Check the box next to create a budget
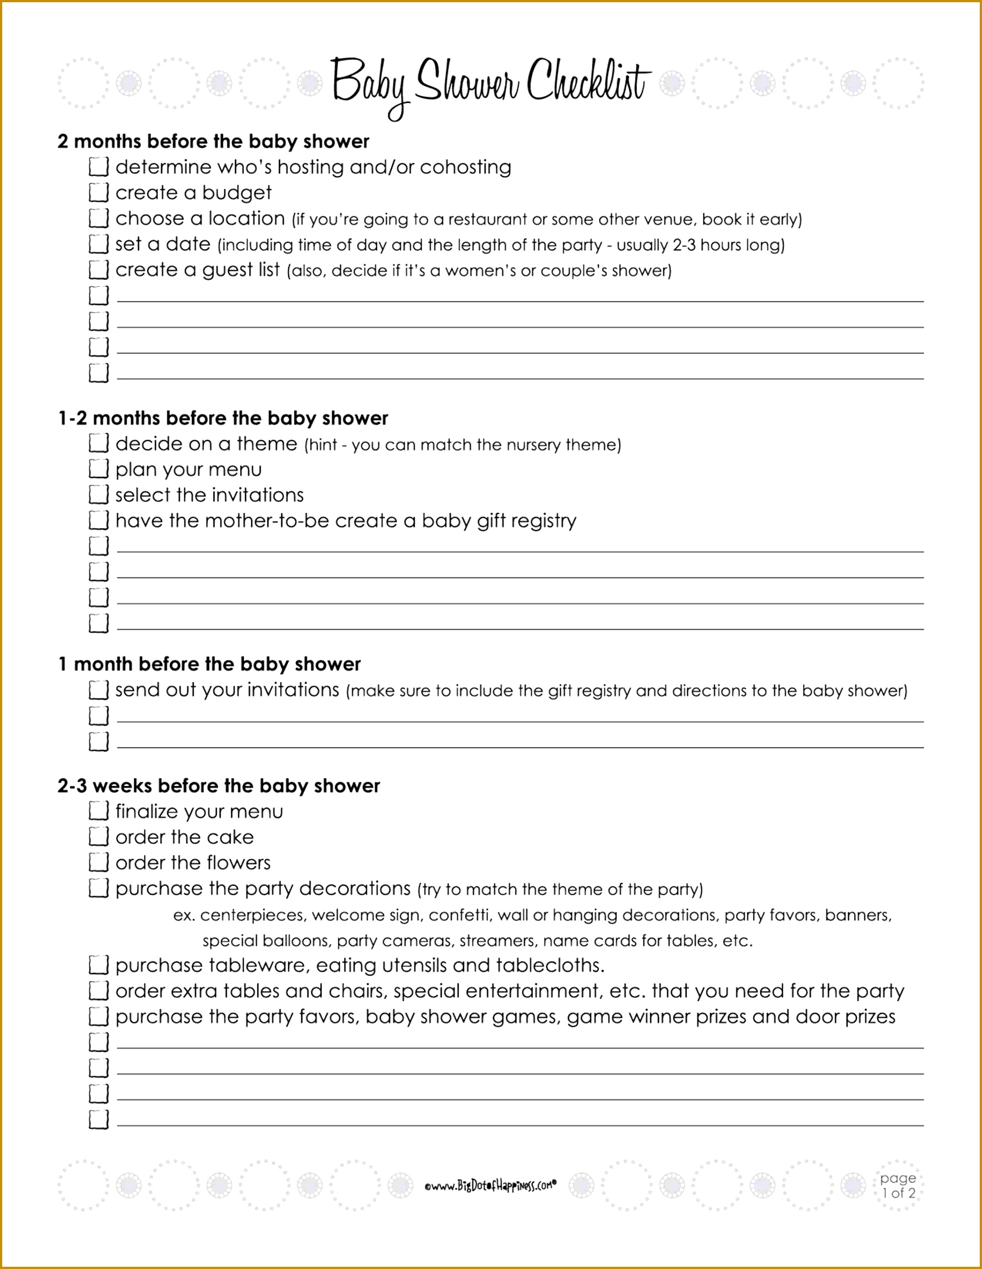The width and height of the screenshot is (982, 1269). point(99,192)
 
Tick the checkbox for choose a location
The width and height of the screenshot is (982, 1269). point(99,218)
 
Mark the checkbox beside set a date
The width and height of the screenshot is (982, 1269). point(99,244)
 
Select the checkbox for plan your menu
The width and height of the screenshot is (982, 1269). point(99,469)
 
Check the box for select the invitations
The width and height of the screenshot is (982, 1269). point(99,494)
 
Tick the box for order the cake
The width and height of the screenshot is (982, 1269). point(99,837)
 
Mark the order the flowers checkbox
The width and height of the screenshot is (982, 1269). point(99,862)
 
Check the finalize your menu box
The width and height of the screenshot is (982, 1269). point(99,811)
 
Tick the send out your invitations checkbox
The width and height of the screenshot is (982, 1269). point(99,690)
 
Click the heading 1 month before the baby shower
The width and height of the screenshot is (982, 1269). point(210,664)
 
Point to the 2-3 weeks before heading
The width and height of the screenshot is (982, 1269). point(218,786)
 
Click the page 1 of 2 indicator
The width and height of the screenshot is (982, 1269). point(898,1185)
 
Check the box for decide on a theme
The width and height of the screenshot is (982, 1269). point(99,443)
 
